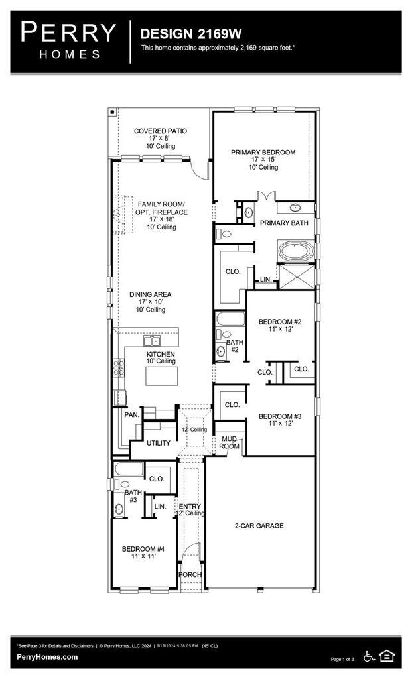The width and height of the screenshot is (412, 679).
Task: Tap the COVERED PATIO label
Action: tap(160, 131)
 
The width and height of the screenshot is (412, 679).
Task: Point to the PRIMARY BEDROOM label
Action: tap(263, 153)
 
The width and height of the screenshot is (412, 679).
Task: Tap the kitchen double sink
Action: tap(152, 341)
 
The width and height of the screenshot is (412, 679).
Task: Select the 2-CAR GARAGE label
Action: tap(258, 526)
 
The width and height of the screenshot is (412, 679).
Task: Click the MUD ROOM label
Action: tap(230, 442)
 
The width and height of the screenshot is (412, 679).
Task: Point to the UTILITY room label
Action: tap(159, 443)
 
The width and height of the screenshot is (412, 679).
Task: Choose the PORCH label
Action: tap(191, 574)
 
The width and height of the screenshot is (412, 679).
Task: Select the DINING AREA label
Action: tap(151, 294)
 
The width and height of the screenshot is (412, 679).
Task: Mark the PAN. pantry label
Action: tap(131, 415)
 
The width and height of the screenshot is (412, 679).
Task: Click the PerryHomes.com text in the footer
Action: tap(47, 657)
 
